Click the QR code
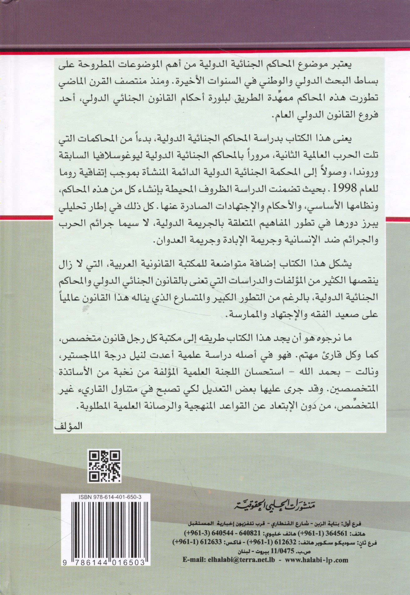[105, 466]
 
